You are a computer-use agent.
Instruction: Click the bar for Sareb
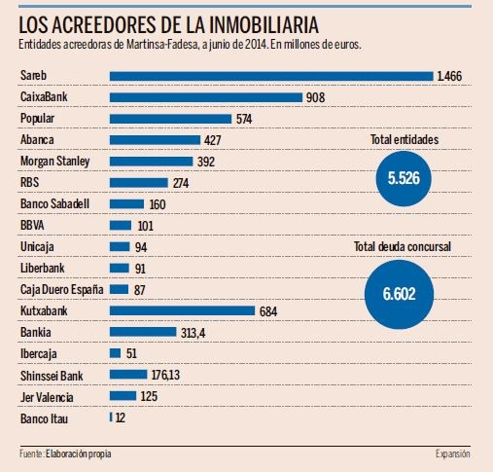[271, 76]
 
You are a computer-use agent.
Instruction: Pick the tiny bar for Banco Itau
[111, 418]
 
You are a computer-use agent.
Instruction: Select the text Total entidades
[405, 140]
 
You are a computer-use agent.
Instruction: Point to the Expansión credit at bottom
[452, 454]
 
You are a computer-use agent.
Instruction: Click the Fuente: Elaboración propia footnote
[72, 454]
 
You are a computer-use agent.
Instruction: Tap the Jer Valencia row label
[49, 396]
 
